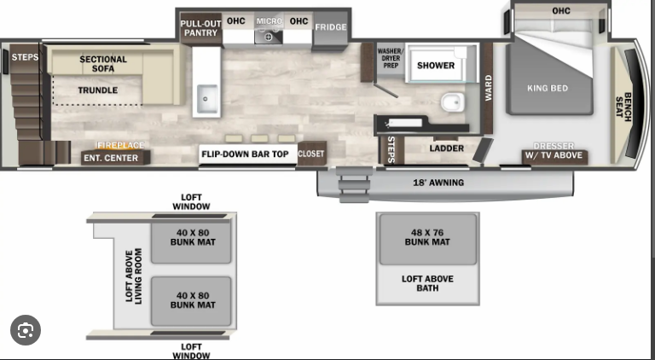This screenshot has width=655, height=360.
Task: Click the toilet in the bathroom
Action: click(452, 102)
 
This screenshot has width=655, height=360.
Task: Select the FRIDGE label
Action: click(331, 27)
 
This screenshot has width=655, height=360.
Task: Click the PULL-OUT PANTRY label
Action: click(201, 28)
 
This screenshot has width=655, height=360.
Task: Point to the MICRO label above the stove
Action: click(269, 20)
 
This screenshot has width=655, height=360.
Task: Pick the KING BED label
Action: click(548, 88)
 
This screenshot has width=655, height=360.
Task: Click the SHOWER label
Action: click(436, 66)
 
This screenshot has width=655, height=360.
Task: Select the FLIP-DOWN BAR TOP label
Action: click(246, 154)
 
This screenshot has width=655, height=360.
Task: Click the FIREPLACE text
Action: click(121, 145)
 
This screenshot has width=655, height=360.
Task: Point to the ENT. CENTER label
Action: click(111, 158)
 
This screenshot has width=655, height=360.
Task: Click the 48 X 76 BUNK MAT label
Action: click(427, 237)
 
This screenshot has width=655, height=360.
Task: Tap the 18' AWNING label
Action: click(438, 183)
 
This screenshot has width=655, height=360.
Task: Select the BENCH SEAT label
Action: click(623, 107)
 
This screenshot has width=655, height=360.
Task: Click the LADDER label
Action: click(447, 148)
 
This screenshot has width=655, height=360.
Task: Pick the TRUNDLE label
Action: click(98, 90)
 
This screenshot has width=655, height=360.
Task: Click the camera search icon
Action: click(26, 330)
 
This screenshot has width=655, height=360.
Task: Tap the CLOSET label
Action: click(310, 154)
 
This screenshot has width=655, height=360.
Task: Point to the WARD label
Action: click(489, 88)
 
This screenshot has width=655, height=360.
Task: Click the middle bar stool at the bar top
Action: click(259, 139)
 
